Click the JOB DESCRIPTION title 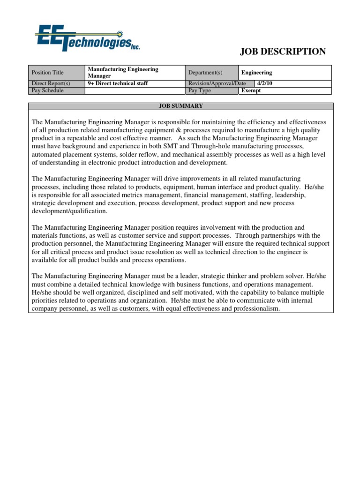click(x=283, y=52)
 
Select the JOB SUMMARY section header click(x=180, y=106)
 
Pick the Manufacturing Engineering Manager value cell click(x=123, y=72)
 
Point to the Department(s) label click(x=205, y=73)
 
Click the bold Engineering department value click(x=256, y=73)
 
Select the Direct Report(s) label click(x=50, y=83)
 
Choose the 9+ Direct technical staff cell click(x=118, y=83)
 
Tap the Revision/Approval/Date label click(x=217, y=83)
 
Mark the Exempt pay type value click(x=251, y=90)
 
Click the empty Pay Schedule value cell click(x=135, y=90)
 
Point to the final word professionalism click(x=254, y=309)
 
